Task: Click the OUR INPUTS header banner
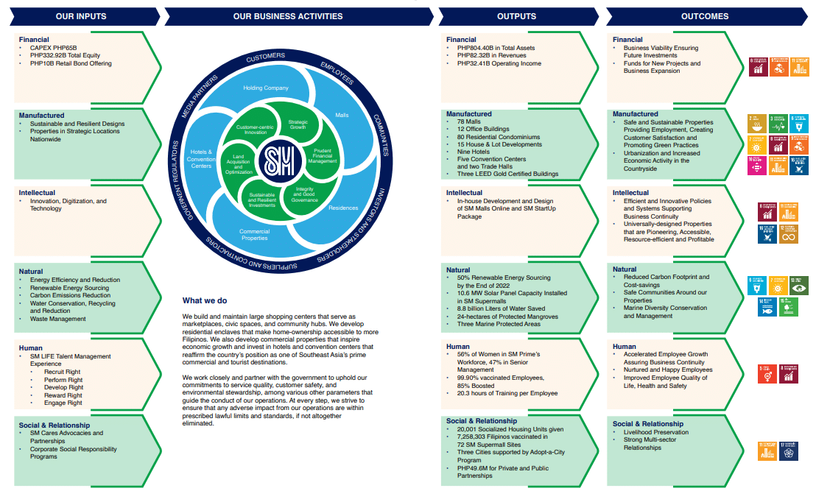tap(81, 16)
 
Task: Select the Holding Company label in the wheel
tap(266, 88)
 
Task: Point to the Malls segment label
tap(342, 116)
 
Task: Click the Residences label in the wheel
tap(343, 208)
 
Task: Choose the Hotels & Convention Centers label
tap(201, 157)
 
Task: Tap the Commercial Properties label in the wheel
tap(254, 234)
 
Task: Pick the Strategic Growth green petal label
tap(298, 125)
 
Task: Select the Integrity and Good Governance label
tap(305, 194)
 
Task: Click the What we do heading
tap(205, 300)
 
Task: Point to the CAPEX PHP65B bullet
tap(53, 48)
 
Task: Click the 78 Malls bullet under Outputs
tap(470, 121)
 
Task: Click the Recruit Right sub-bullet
tap(63, 372)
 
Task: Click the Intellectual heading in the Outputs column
tap(464, 193)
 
